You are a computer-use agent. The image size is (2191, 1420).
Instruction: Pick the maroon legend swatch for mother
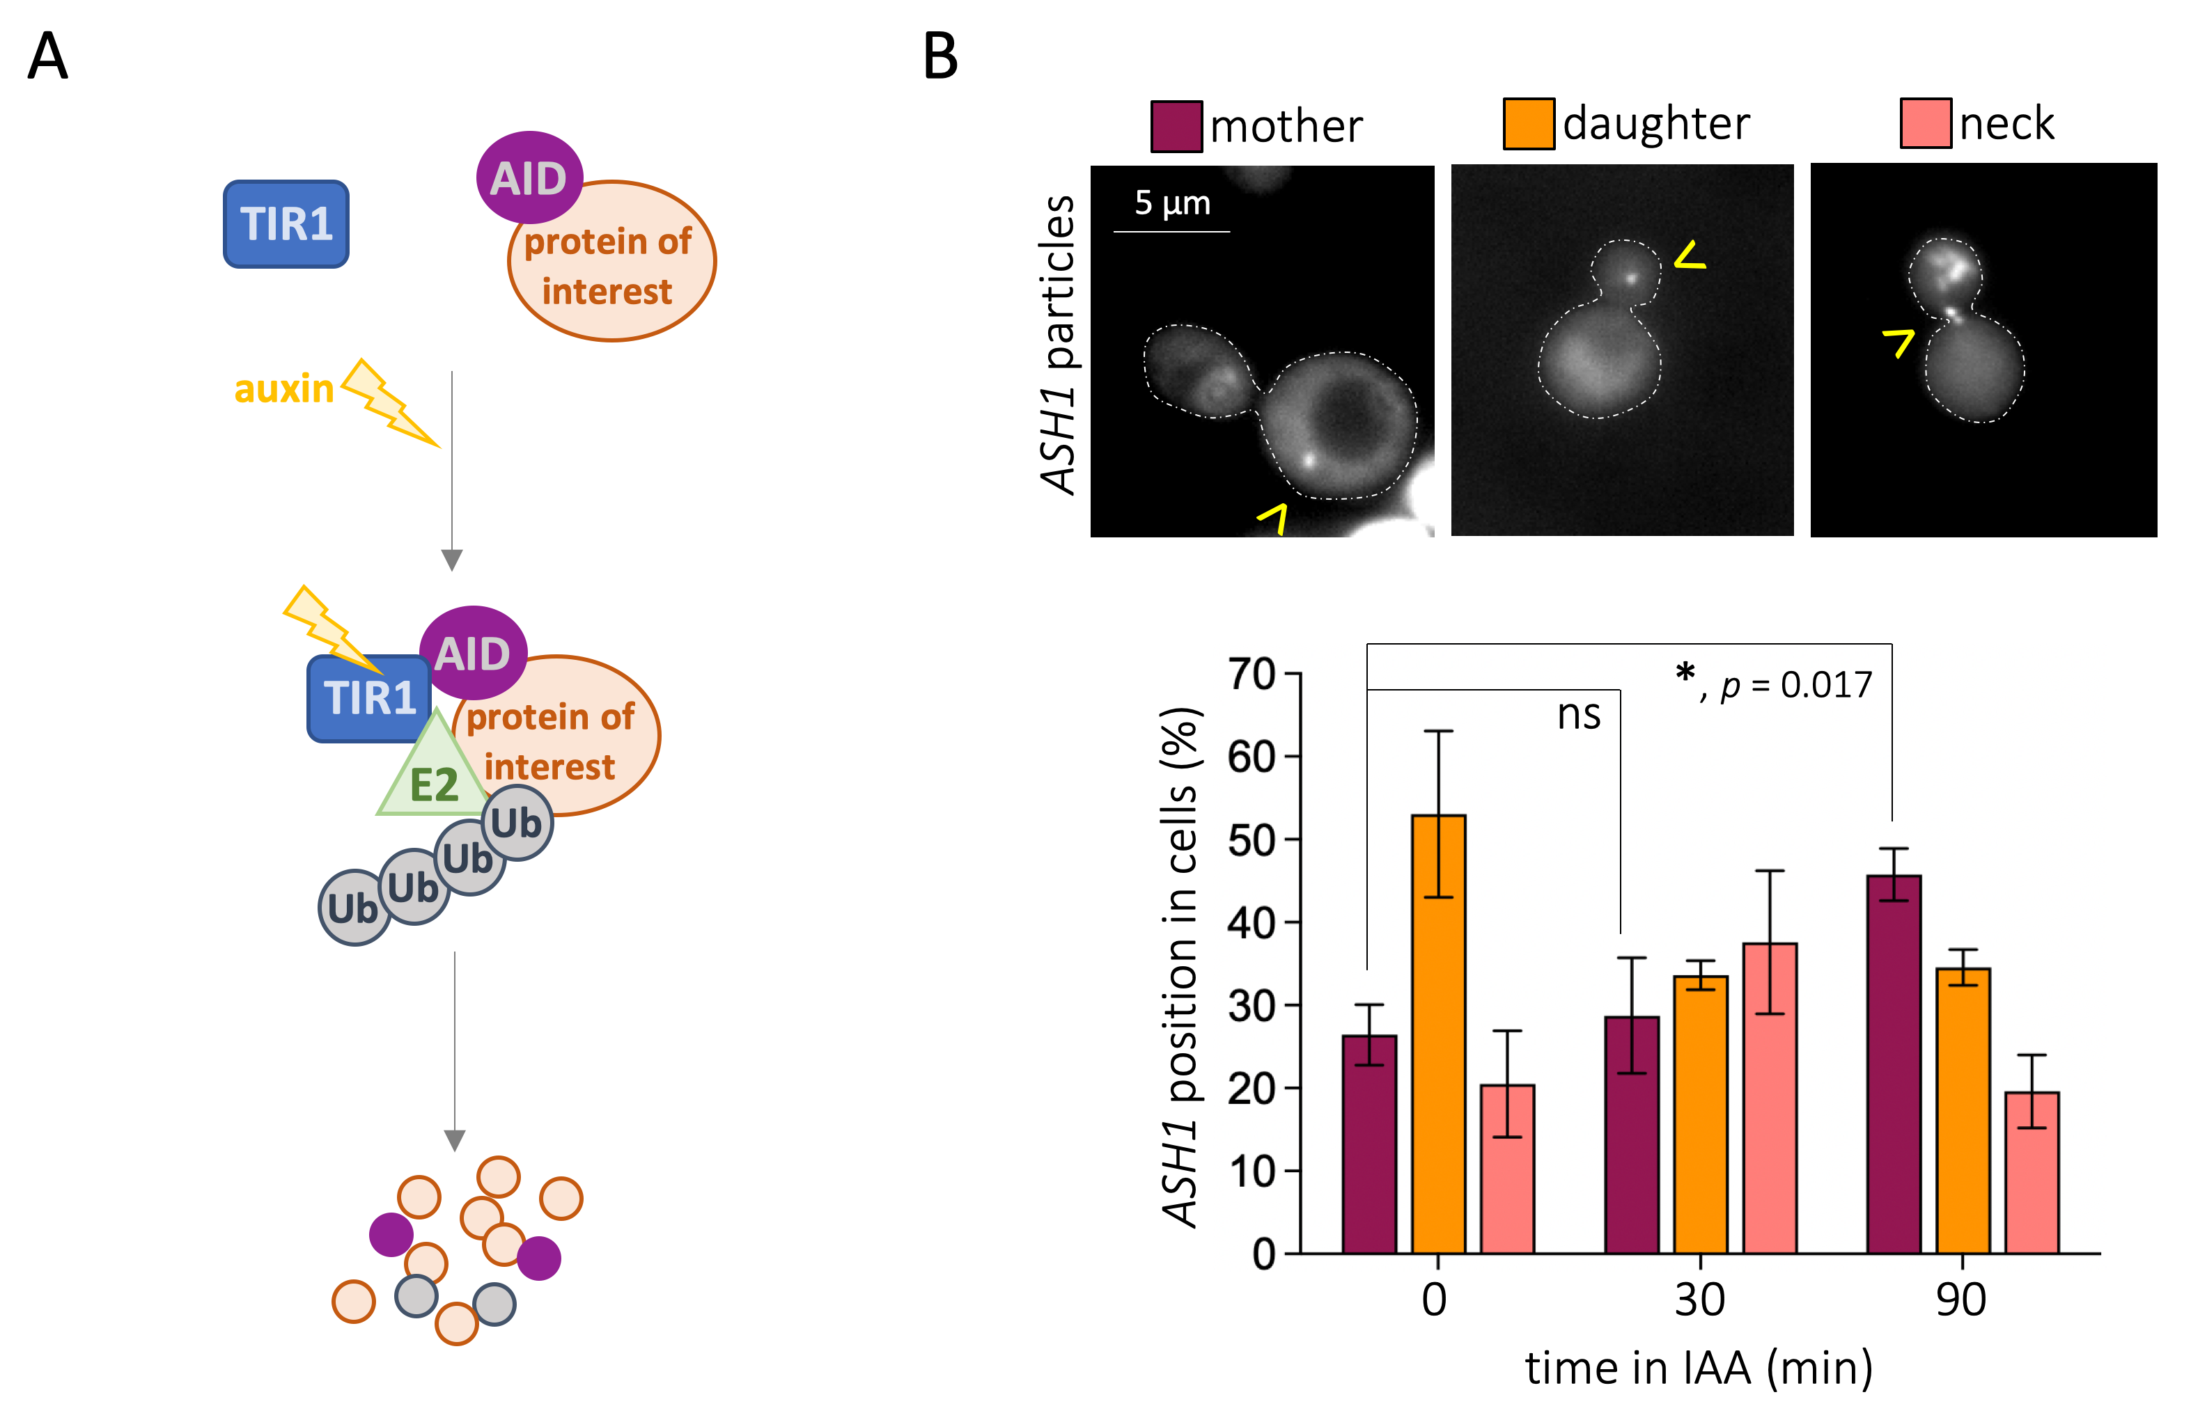pos(1176,126)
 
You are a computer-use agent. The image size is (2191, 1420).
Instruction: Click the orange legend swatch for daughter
pos(1528,123)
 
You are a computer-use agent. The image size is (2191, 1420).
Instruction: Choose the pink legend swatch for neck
pos(1925,123)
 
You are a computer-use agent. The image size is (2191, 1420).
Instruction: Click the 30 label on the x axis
pos(1699,1300)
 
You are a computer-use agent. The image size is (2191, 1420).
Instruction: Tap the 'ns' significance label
pos(1579,715)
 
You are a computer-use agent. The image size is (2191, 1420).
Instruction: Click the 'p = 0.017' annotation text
pos(1795,685)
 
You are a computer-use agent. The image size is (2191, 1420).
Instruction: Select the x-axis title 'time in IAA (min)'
pos(1699,1368)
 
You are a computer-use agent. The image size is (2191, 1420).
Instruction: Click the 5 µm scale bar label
pos(1172,203)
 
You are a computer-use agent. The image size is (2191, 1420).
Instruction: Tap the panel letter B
pos(940,57)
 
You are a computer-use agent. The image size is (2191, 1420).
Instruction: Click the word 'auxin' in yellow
pos(283,389)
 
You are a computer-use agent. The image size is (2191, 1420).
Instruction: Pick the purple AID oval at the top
pos(529,177)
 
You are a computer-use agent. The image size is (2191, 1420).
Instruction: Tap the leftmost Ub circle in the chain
pos(354,908)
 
